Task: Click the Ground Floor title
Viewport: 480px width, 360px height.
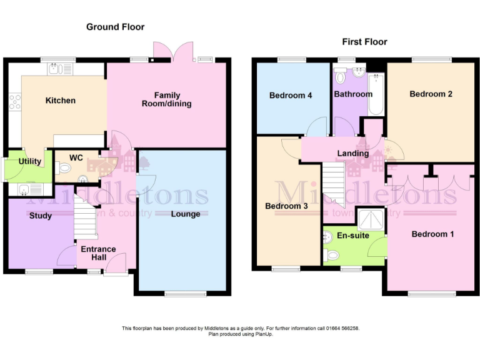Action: coord(115,27)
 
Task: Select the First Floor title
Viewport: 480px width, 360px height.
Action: coord(364,42)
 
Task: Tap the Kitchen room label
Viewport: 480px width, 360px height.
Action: coord(60,100)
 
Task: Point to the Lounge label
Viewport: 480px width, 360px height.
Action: coord(186,214)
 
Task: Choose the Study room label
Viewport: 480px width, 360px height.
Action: coord(41,216)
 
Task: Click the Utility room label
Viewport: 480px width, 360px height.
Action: coord(29,161)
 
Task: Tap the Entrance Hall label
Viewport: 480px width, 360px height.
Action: coord(99,253)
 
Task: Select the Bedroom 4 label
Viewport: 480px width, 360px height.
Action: coord(291,96)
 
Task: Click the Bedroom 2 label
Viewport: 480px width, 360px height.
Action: coord(431,94)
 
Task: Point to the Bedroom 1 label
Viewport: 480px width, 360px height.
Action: coord(432,234)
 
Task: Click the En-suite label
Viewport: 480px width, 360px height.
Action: coord(353,236)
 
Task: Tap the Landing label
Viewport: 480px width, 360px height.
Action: coord(352,153)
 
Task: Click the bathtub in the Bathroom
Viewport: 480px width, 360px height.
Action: coord(376,94)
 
